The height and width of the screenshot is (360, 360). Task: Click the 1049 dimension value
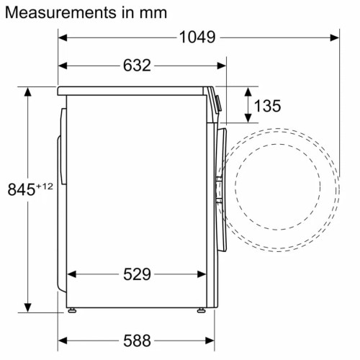point(196,37)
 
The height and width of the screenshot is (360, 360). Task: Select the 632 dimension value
point(136,66)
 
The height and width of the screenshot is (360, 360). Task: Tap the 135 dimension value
point(267,106)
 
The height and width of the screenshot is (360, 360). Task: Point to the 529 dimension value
point(136,274)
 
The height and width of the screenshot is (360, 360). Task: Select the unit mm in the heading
point(152,13)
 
